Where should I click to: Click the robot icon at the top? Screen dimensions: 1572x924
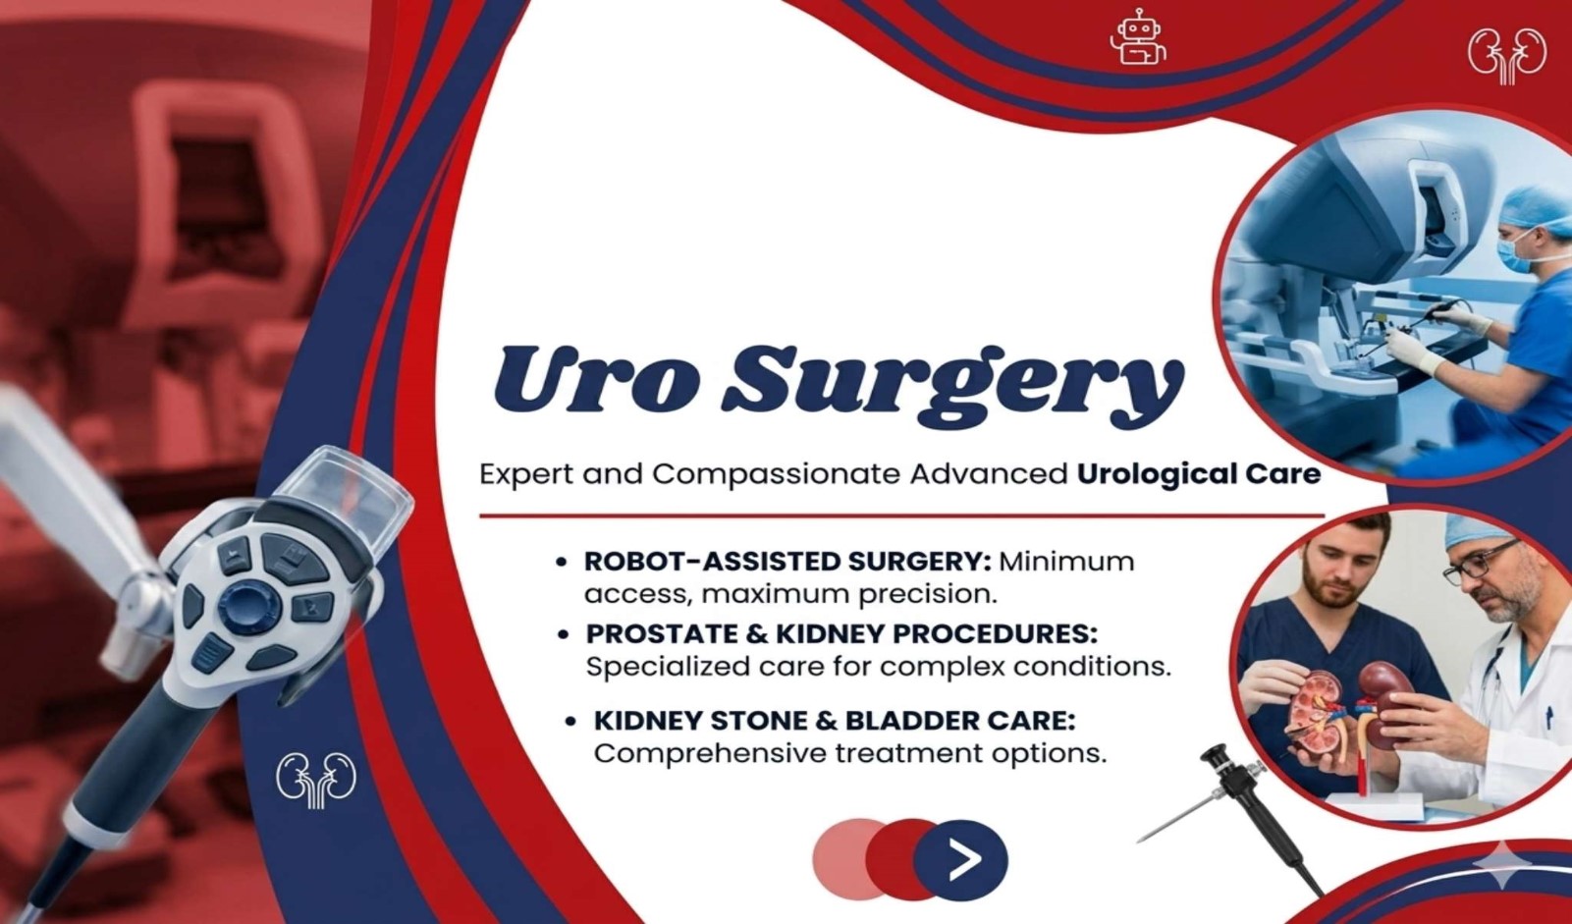1138,37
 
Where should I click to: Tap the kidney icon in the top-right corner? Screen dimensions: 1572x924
1507,56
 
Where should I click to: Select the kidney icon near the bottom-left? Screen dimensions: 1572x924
316,781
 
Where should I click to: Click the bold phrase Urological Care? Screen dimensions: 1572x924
1199,474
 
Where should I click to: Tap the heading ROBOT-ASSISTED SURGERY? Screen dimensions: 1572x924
787,562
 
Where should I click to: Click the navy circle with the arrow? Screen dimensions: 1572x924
960,859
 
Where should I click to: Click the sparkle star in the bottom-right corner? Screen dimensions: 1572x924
1502,863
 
